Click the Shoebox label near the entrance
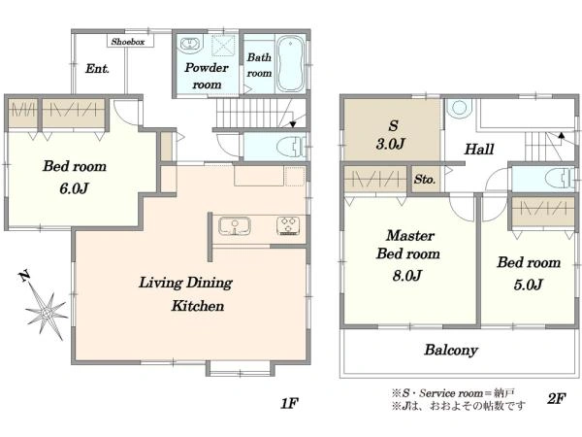[x=128, y=42]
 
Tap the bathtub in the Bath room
[x=291, y=63]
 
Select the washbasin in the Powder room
[x=190, y=44]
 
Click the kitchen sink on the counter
[x=234, y=226]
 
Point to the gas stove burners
[x=288, y=226]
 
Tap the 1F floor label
[x=289, y=403]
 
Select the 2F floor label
[x=556, y=399]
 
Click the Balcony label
[x=451, y=350]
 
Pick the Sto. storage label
[x=425, y=180]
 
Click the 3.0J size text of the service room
[x=391, y=144]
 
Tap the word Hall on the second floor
[x=479, y=150]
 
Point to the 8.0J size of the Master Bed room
[x=407, y=276]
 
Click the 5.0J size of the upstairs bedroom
[x=529, y=285]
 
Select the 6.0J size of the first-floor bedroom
[x=74, y=188]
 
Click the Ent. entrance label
[x=97, y=69]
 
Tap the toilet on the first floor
[x=291, y=146]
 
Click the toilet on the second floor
[x=560, y=179]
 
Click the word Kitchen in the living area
[x=198, y=306]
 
